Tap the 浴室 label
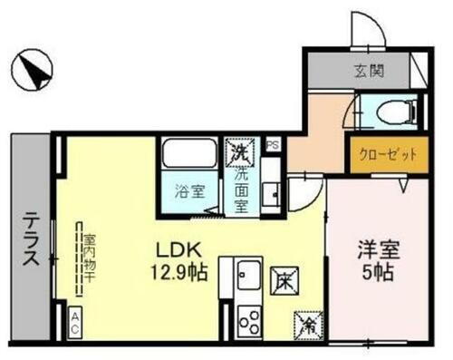[x=188, y=191]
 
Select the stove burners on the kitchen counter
[x=247, y=320]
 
